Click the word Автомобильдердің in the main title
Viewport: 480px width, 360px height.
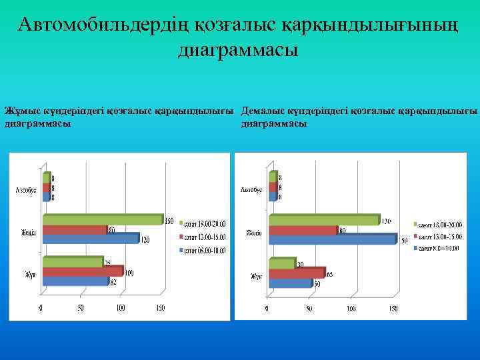pos(106,25)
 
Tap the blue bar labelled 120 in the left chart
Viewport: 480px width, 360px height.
pos(90,238)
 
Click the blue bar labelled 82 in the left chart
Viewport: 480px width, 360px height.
pos(74,281)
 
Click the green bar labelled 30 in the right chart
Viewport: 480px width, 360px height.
pos(281,264)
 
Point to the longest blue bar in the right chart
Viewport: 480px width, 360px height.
pos(331,239)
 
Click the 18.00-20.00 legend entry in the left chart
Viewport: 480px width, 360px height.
pos(203,223)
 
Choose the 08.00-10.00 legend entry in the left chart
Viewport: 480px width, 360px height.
pos(203,251)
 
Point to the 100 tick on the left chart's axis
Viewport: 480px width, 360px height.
pos(120,309)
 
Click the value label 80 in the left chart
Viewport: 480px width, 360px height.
pos(112,229)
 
